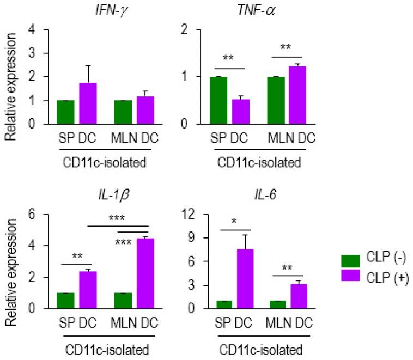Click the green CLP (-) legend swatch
pyautogui.click(x=351, y=260)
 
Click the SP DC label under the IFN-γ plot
pyautogui.click(x=76, y=137)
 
